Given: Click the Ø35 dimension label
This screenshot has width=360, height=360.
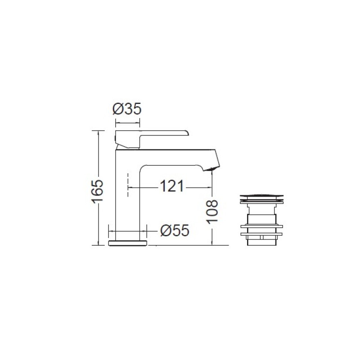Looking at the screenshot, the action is tap(127, 109).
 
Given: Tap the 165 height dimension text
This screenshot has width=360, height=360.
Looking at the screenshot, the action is tap(98, 192).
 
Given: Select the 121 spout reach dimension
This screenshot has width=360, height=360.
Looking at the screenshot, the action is tap(172, 186).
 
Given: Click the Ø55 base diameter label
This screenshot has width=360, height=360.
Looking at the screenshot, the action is tap(175, 230).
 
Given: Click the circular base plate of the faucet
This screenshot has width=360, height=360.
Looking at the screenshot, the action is tap(127, 243).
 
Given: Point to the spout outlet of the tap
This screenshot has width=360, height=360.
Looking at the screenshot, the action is tap(211, 169).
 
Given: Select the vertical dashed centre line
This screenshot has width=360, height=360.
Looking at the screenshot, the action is tap(128, 185).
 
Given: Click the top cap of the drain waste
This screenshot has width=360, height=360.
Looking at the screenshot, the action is tap(261, 196).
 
